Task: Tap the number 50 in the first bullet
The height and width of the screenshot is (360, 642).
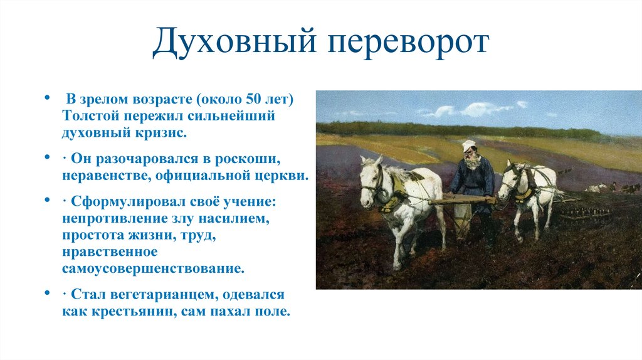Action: point(251,100)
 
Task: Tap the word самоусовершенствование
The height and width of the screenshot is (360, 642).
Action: point(152,268)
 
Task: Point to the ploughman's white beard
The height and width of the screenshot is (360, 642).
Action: point(472,162)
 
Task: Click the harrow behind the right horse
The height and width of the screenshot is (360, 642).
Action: point(583,213)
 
